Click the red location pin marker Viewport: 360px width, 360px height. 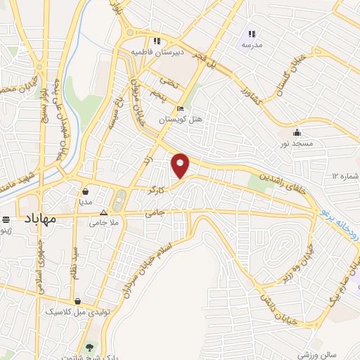(181, 165)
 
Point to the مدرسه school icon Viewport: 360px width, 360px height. (251, 33)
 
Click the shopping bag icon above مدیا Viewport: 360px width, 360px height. (85, 191)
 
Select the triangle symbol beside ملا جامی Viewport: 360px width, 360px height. (103, 212)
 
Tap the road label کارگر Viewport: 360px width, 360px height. (156, 190)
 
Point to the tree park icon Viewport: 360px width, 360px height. (89, 347)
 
